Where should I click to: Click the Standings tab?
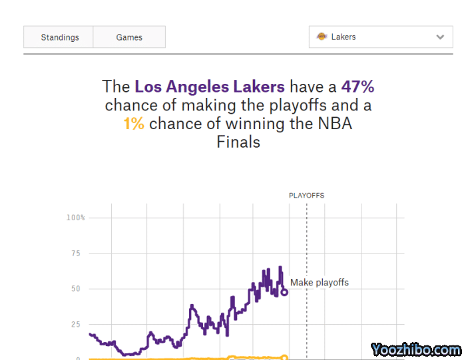(x=60, y=37)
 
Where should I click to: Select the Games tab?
(x=129, y=37)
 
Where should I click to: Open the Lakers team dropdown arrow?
(x=440, y=37)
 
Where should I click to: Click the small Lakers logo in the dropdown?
(x=322, y=37)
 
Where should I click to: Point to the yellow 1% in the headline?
(x=133, y=124)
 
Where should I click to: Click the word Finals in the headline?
(x=238, y=142)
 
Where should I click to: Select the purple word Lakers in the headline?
(x=259, y=87)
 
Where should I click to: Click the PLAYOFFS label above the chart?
(x=306, y=196)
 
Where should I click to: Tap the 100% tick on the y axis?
(x=75, y=218)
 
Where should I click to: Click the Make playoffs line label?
(x=320, y=283)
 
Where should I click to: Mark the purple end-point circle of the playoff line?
(x=284, y=291)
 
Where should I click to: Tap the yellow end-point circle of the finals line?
(x=284, y=357)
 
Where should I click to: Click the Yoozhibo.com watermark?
(x=415, y=349)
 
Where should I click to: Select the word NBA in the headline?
(x=335, y=124)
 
